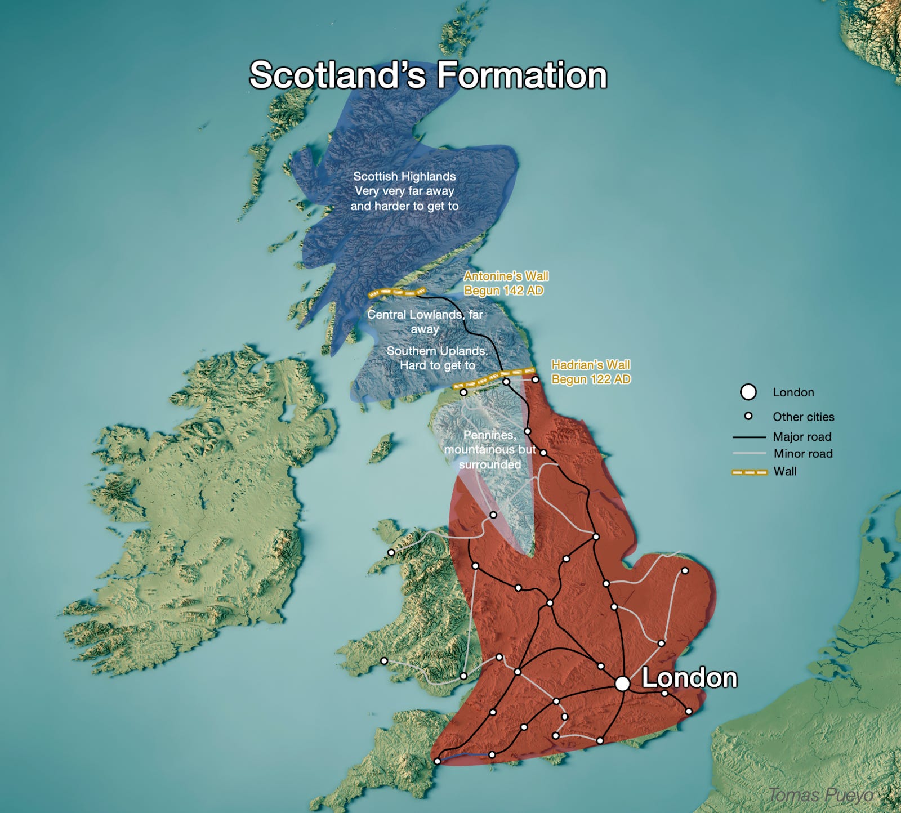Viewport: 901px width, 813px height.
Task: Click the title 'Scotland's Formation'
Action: tap(428, 75)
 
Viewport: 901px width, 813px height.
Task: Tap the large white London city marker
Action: tap(622, 684)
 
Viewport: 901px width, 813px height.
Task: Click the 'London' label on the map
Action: tap(689, 678)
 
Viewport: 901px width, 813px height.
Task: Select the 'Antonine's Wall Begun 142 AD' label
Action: tap(506, 283)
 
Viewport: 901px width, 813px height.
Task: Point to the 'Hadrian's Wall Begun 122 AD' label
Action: tap(591, 372)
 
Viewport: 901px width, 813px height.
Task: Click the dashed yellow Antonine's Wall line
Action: tap(396, 293)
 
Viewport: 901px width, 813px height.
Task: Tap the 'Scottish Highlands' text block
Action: tap(404, 191)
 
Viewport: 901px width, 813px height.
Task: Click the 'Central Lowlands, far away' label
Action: tap(425, 321)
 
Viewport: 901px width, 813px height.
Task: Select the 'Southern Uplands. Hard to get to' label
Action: tap(437, 358)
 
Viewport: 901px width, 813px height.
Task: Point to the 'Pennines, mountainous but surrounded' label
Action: tap(489, 449)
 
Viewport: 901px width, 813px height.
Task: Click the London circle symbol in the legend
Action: tap(748, 392)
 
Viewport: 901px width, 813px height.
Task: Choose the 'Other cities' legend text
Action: tap(803, 417)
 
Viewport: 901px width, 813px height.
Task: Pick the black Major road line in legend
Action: tap(749, 437)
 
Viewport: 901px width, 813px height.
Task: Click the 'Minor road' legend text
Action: tap(803, 454)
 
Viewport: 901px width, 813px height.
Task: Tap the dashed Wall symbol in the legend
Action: tap(749, 472)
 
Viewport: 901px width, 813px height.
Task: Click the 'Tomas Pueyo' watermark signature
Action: tap(821, 795)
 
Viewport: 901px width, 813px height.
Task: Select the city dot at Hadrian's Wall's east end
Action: tap(536, 379)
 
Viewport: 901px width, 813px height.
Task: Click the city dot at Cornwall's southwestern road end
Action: tap(437, 761)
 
